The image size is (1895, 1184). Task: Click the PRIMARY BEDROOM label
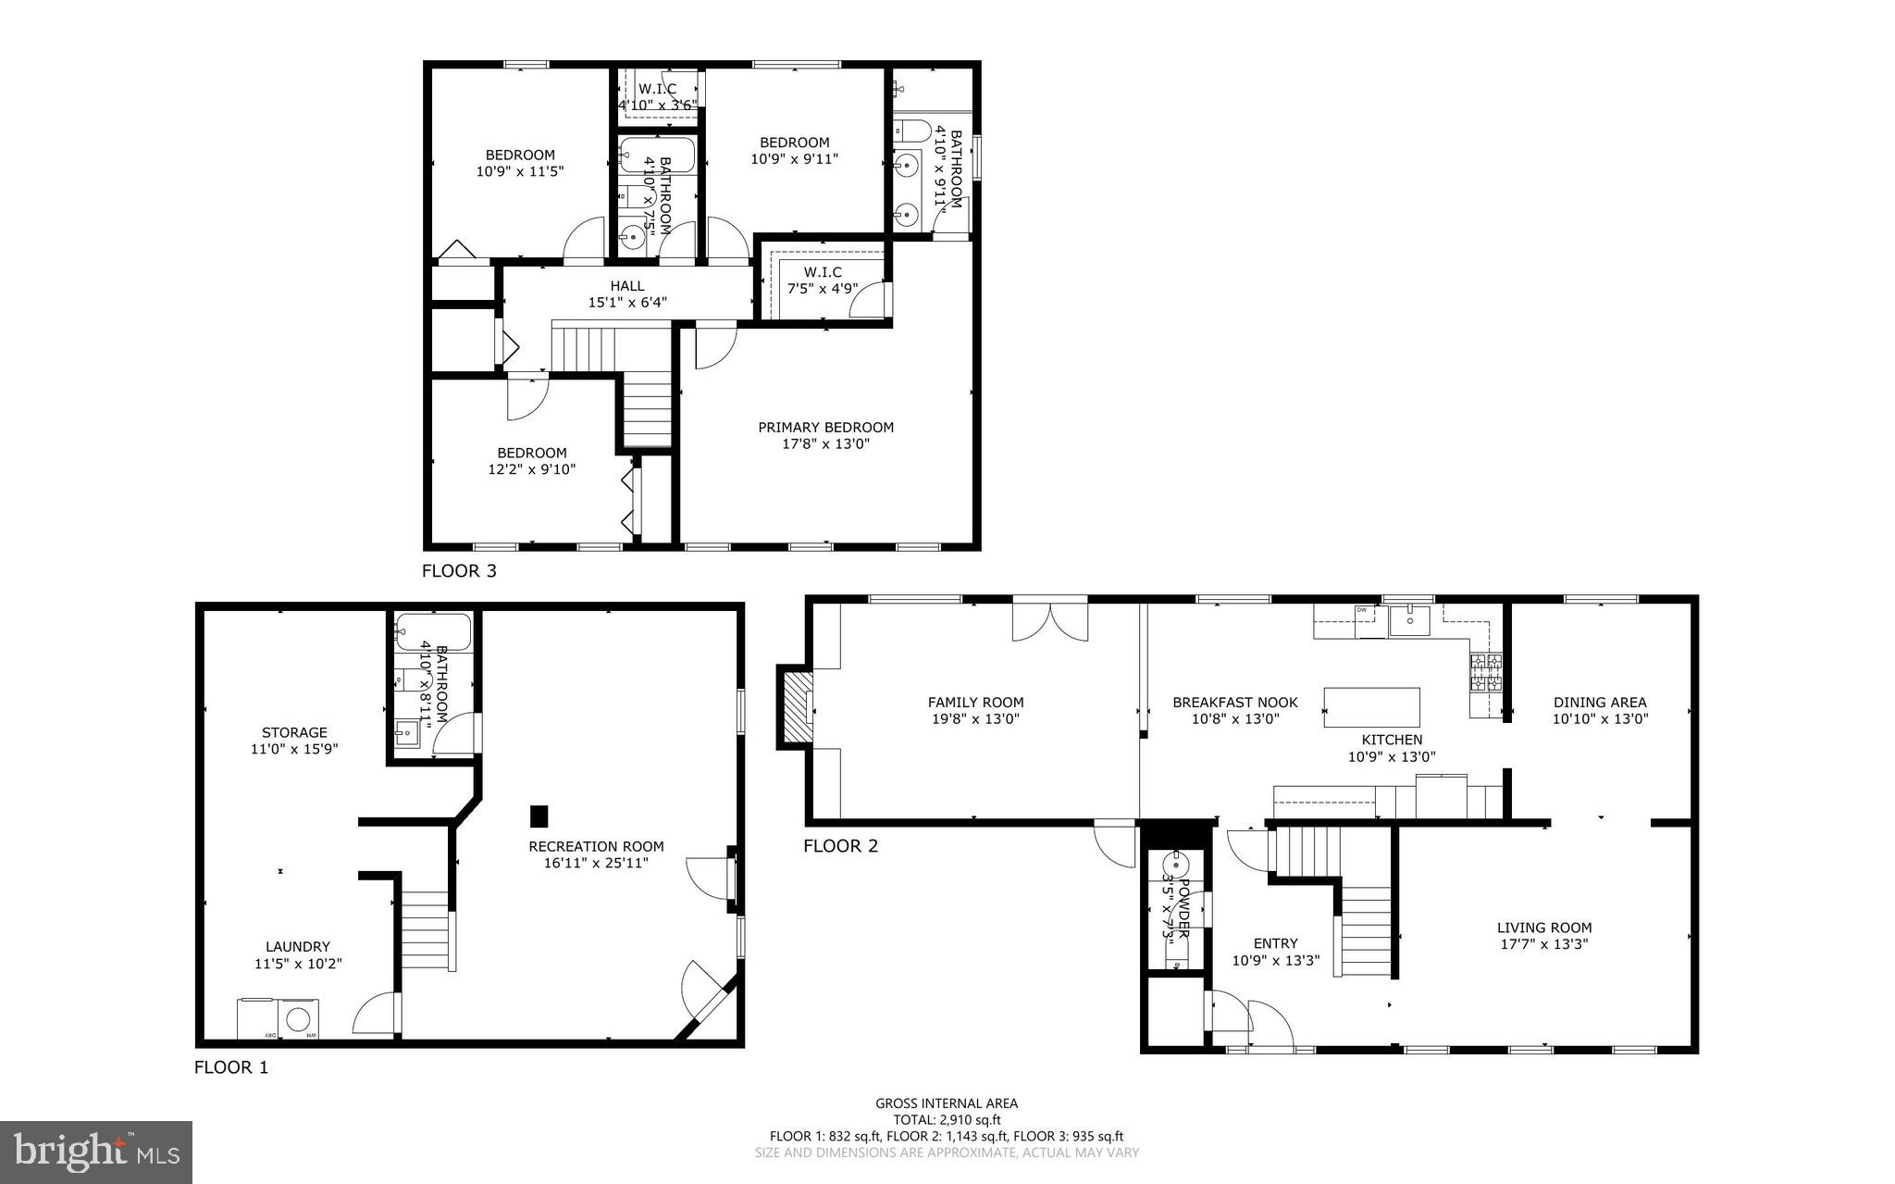coord(825,428)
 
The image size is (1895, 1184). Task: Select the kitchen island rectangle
coord(1372,707)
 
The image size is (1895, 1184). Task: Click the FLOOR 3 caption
coord(459,571)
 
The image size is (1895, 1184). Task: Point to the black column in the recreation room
coord(539,816)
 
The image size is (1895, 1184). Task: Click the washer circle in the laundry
coord(298,1019)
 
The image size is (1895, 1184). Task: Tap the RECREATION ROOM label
coord(596,846)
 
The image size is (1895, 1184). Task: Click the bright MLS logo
coord(96,1152)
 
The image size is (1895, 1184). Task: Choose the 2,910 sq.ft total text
coord(947,1119)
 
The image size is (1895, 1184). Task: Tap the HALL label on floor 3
coord(626,286)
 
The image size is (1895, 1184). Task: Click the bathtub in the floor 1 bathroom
coord(433,633)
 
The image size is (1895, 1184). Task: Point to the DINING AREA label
coord(1600,703)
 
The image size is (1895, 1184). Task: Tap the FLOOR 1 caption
coord(231,1067)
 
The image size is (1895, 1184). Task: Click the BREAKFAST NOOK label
coord(1234,703)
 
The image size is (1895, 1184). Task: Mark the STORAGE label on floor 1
coord(294,732)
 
